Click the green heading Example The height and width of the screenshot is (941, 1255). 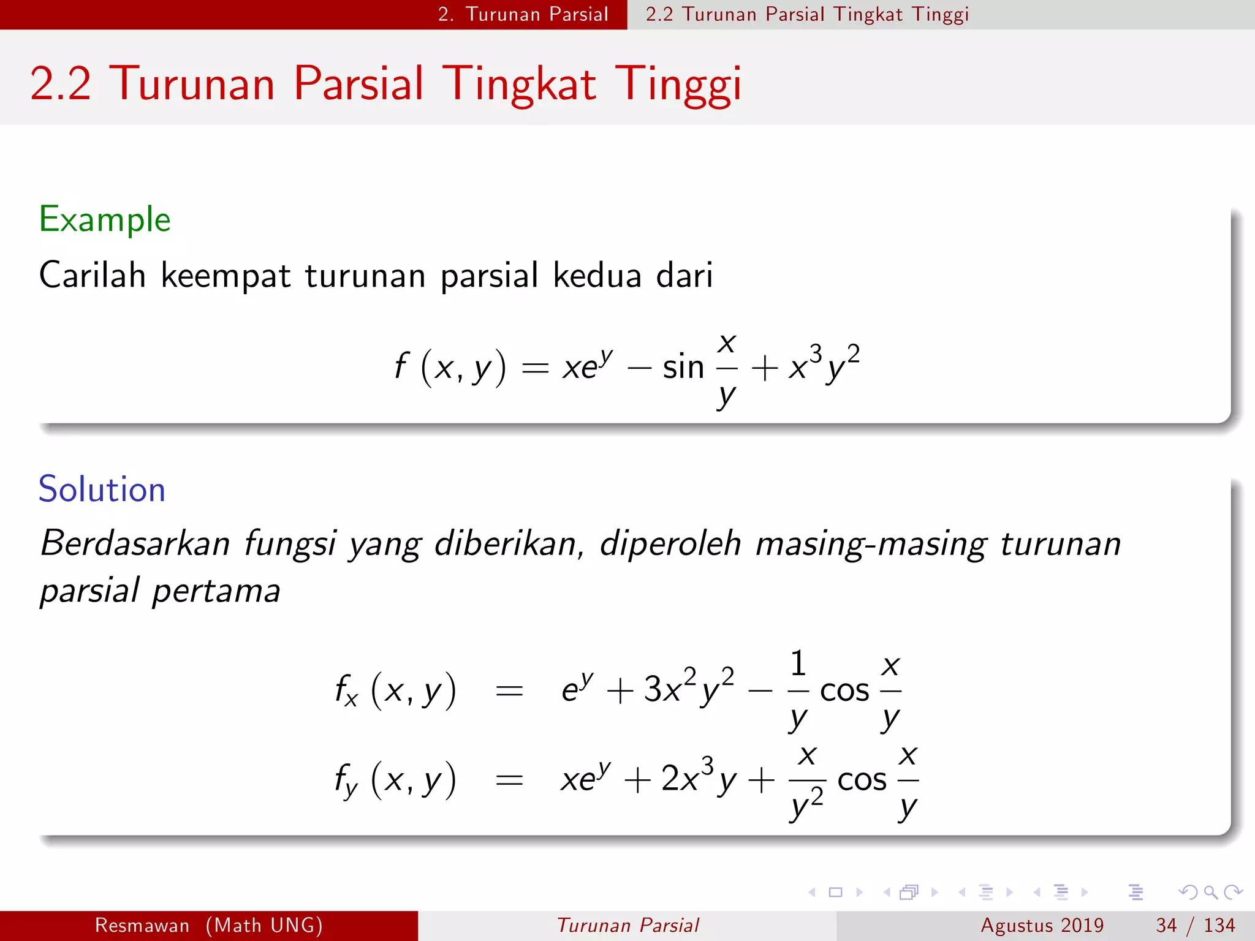pos(105,219)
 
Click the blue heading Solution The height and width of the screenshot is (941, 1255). pos(102,489)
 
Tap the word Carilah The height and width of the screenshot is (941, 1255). pos(92,274)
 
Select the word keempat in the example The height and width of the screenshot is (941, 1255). pos(225,276)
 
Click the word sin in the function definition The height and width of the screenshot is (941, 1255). pos(683,368)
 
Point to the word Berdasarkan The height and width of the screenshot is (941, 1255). pos(135,543)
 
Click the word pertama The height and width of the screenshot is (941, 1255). pos(216,591)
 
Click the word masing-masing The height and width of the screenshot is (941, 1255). pos(871,543)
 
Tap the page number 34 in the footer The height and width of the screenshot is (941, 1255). pos(1166,925)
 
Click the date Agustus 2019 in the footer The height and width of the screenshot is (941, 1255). pos(1042,925)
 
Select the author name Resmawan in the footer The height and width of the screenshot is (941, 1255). pos(142,925)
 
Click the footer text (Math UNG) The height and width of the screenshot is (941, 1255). pos(264,925)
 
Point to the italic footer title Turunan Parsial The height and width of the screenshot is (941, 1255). pos(627,925)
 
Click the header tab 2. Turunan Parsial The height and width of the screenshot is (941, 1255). pos(523,14)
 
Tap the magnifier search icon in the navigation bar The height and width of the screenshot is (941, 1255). pos(1210,892)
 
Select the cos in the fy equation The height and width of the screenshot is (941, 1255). pos(862,780)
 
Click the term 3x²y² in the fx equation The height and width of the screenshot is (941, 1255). pos(689,689)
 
